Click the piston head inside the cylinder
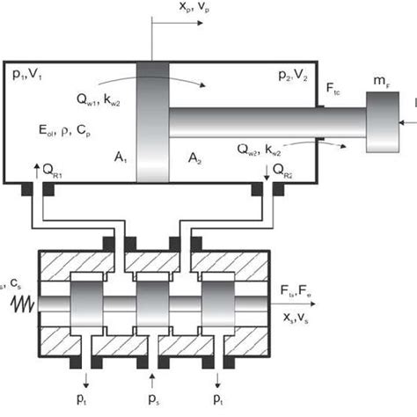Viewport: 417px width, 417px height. coord(152,122)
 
